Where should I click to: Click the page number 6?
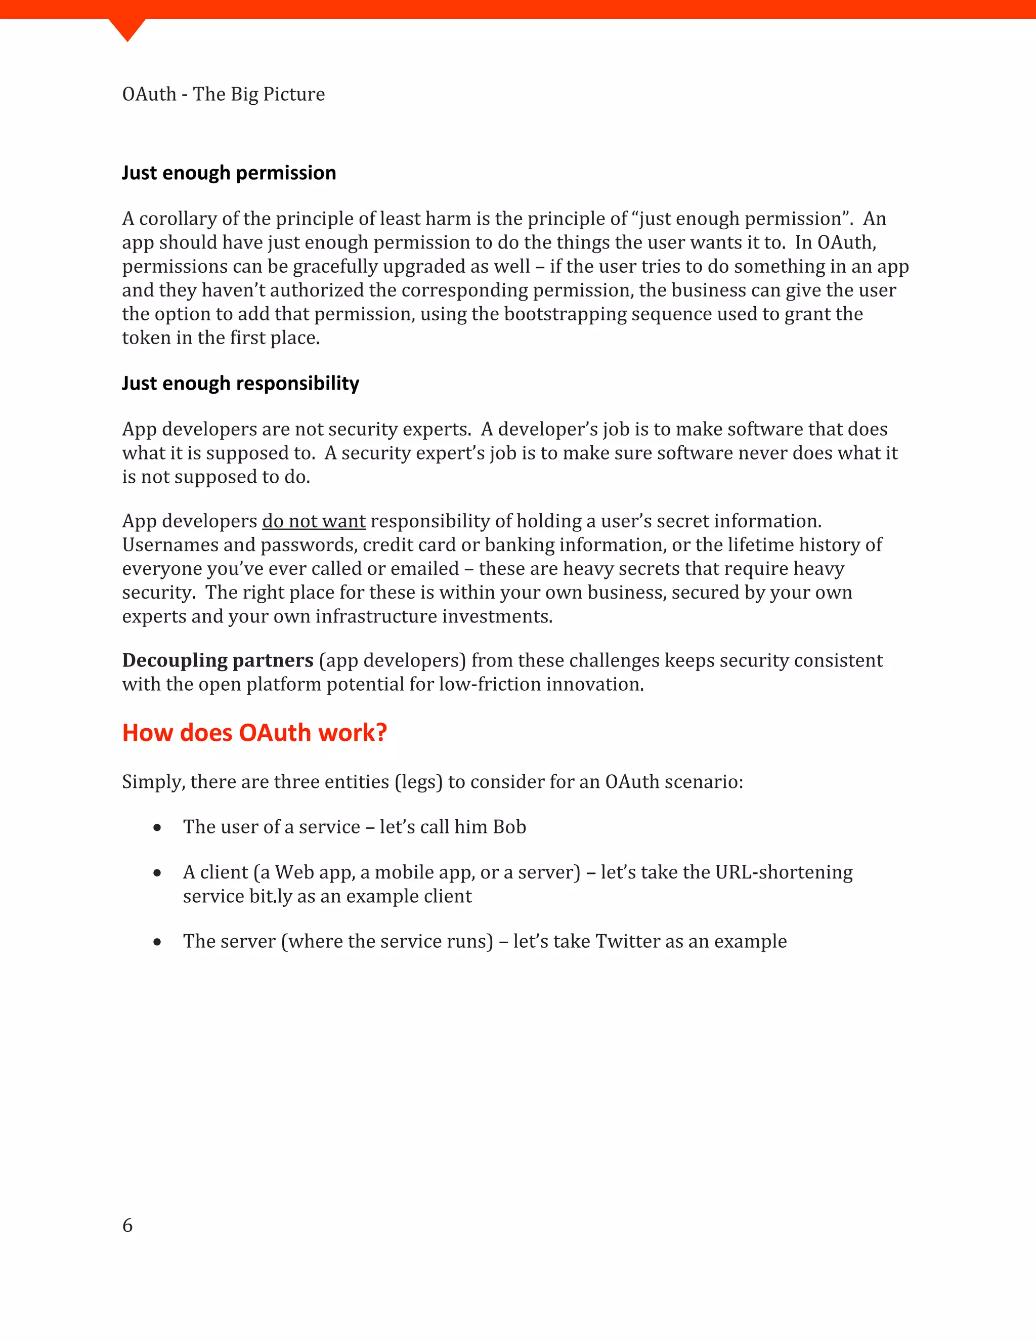click(127, 1225)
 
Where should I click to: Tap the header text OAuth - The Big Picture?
click(224, 94)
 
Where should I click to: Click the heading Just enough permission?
click(228, 173)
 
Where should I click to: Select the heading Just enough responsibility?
click(240, 383)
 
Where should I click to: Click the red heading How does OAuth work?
click(254, 733)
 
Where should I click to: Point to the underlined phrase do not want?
click(314, 521)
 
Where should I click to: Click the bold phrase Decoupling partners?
click(217, 660)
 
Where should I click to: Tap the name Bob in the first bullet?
click(509, 826)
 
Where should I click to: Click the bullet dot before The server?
click(158, 941)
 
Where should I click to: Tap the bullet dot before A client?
click(158, 872)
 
